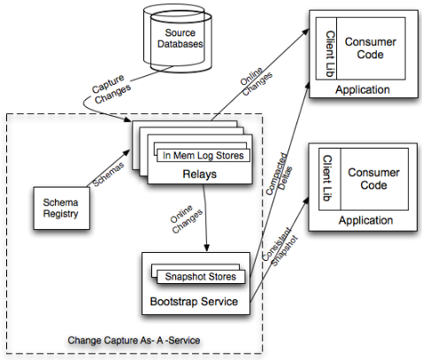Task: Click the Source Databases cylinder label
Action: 180,38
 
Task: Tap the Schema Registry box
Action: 62,208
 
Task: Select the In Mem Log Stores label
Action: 203,156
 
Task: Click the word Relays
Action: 200,174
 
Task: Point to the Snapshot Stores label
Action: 201,277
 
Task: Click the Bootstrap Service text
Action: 194,302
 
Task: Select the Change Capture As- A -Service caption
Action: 134,341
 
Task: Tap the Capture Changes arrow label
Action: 111,88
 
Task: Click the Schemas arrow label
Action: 108,174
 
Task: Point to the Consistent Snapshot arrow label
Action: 280,247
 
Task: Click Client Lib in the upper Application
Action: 330,54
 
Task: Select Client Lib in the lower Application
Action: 327,179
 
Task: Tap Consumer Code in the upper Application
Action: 371,48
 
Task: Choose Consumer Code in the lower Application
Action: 373,179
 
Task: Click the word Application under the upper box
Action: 363,89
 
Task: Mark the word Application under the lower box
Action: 365,220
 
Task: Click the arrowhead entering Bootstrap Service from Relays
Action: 207,248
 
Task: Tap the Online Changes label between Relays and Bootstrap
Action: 186,219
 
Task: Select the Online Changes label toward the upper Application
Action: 256,81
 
